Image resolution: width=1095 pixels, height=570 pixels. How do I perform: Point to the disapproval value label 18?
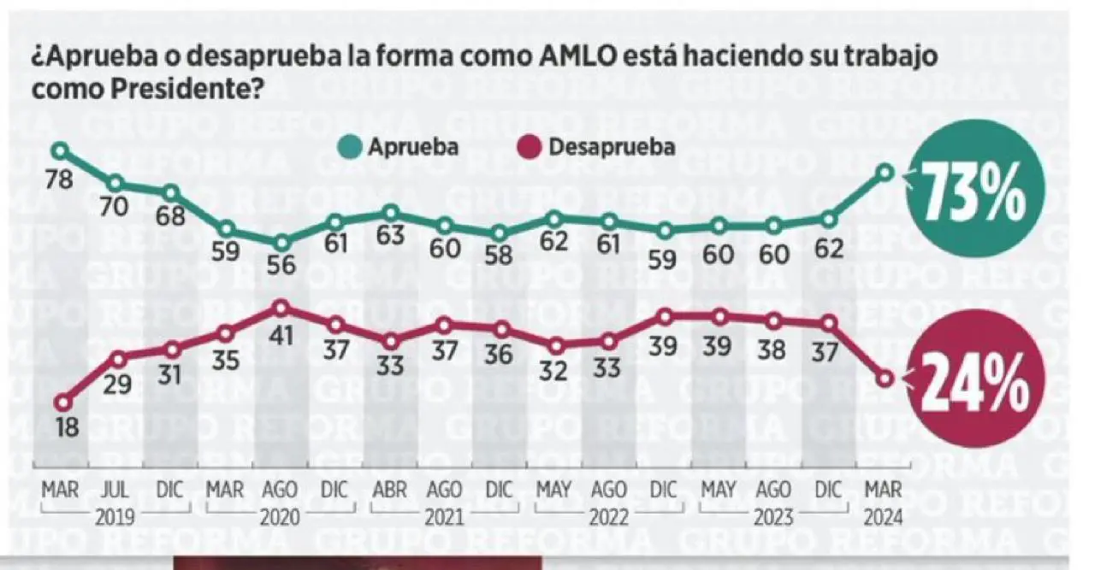(x=67, y=428)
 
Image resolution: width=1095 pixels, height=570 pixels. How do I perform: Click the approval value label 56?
(x=281, y=266)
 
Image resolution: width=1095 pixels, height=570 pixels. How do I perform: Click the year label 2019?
(x=115, y=516)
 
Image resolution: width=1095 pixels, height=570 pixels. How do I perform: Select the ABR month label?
(x=390, y=492)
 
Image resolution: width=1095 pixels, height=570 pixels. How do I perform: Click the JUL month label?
(x=116, y=492)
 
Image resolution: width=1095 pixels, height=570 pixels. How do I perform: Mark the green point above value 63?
(x=391, y=212)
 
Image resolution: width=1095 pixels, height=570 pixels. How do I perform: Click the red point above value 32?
(x=556, y=346)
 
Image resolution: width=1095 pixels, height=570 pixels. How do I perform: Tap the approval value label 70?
(x=116, y=207)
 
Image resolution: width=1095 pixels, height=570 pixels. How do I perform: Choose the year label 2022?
(x=609, y=516)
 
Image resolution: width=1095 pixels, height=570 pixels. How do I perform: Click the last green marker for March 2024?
(x=886, y=173)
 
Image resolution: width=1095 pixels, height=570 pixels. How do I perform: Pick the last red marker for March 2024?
(x=886, y=378)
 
